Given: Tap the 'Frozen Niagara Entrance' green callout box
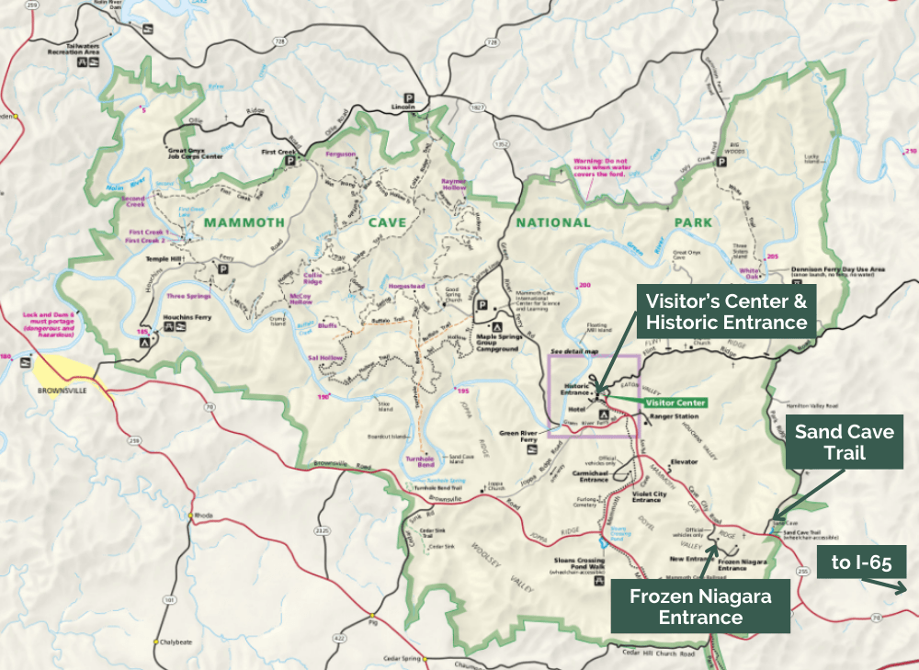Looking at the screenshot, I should [699, 607].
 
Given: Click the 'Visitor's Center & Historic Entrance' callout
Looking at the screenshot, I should [727, 312].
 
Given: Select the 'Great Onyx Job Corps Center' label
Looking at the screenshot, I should [194, 153].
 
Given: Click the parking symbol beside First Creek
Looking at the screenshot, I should [290, 160].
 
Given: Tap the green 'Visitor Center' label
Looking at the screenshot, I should [675, 403].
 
